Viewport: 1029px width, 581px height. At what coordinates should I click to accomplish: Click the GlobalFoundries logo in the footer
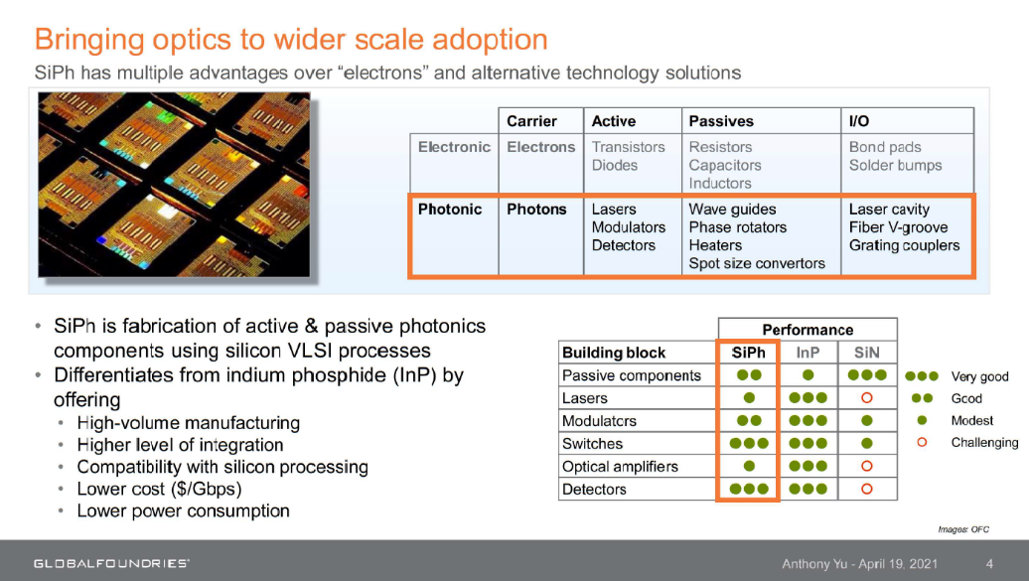tap(111, 563)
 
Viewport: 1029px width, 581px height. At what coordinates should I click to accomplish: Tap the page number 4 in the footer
tap(989, 563)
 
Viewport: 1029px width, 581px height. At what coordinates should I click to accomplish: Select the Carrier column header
tap(531, 121)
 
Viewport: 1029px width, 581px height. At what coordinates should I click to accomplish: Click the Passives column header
tap(720, 121)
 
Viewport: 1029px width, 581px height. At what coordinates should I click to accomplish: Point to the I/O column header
tap(859, 121)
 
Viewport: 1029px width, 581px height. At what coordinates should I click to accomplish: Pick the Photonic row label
tap(450, 210)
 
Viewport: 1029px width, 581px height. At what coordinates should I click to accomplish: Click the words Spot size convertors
tap(757, 263)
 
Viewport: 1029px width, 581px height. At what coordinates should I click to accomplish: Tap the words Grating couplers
tap(904, 245)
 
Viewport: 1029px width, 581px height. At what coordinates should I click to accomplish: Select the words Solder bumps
tap(895, 166)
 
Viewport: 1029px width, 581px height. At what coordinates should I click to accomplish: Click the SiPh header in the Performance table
tap(748, 353)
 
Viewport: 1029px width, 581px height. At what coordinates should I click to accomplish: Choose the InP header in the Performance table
tap(808, 353)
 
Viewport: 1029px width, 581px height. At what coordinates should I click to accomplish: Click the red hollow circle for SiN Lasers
tap(867, 398)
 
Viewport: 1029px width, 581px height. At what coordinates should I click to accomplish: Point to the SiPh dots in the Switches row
tap(749, 443)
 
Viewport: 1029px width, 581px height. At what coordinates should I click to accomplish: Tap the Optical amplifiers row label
tap(620, 467)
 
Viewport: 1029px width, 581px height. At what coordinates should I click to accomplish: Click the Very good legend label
tap(979, 376)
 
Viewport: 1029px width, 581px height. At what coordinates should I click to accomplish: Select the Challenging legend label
tap(984, 443)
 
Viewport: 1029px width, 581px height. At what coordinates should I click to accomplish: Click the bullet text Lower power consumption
tap(183, 510)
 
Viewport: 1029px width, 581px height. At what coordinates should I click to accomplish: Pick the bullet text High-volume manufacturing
tap(189, 423)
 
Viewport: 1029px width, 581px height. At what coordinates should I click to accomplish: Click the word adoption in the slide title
tap(490, 40)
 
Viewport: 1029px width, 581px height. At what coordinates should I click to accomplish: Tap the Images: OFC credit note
tap(963, 529)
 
